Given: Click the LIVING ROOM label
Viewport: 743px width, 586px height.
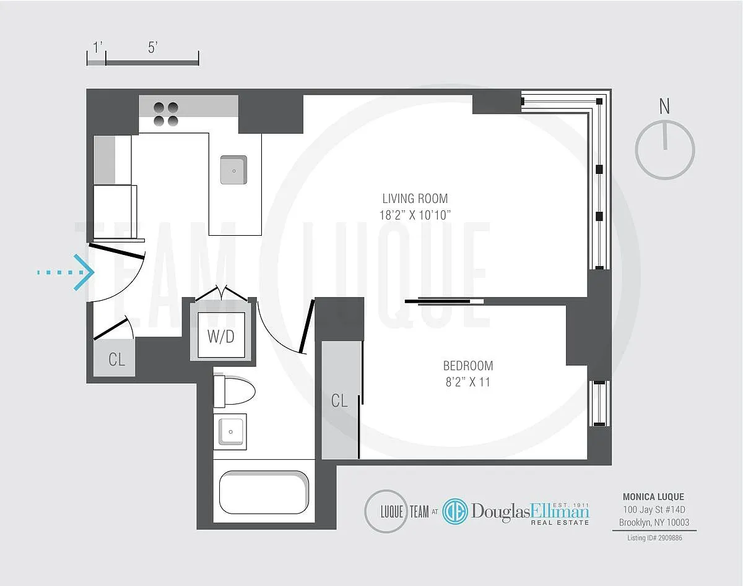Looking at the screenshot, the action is pyautogui.click(x=415, y=199).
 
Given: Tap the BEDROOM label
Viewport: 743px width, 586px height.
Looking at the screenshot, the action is pyautogui.click(x=468, y=366).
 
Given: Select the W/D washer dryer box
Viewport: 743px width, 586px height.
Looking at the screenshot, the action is pyautogui.click(x=221, y=335).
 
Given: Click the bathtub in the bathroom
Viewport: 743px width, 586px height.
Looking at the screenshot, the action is pyautogui.click(x=264, y=492).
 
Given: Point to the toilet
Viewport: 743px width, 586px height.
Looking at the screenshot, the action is pyautogui.click(x=234, y=391).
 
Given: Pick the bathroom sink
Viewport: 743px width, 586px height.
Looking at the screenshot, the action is pyautogui.click(x=230, y=432).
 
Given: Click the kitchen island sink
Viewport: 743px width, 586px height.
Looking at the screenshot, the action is pyautogui.click(x=234, y=170).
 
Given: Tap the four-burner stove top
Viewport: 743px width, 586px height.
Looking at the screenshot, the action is pyautogui.click(x=166, y=114).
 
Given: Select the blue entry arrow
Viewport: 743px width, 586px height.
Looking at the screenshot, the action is pyautogui.click(x=66, y=272).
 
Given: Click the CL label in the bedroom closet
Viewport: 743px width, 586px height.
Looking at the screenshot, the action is pyautogui.click(x=339, y=401).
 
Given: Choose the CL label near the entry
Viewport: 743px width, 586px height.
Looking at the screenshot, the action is pyautogui.click(x=116, y=360).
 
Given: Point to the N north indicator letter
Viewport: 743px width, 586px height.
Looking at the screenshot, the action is pyautogui.click(x=664, y=106).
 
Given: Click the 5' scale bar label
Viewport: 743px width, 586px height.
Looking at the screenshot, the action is pyautogui.click(x=152, y=47).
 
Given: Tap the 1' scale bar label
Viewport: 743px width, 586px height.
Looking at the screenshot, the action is pyautogui.click(x=98, y=47).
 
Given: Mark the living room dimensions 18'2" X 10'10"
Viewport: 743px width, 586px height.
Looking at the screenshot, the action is pyautogui.click(x=415, y=215).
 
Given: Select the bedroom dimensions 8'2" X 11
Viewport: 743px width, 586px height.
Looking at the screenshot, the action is pyautogui.click(x=468, y=382).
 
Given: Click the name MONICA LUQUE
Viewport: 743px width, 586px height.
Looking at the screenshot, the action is pyautogui.click(x=653, y=497).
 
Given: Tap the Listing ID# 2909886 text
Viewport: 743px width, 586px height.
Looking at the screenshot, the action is pyautogui.click(x=654, y=538).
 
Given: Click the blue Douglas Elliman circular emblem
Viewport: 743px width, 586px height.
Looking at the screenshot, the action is pyautogui.click(x=456, y=511).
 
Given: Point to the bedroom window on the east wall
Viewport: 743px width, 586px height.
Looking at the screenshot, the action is pyautogui.click(x=599, y=403).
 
